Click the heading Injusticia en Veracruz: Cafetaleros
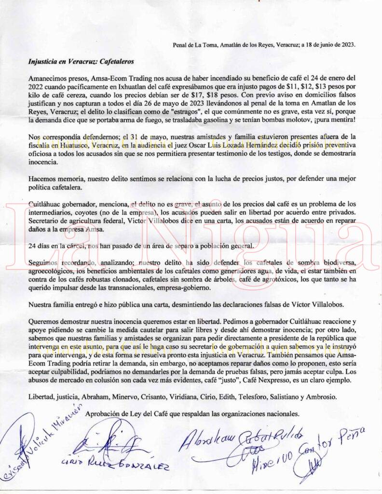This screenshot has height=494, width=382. click(81, 62)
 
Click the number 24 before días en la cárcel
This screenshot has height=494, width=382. click(33, 246)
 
